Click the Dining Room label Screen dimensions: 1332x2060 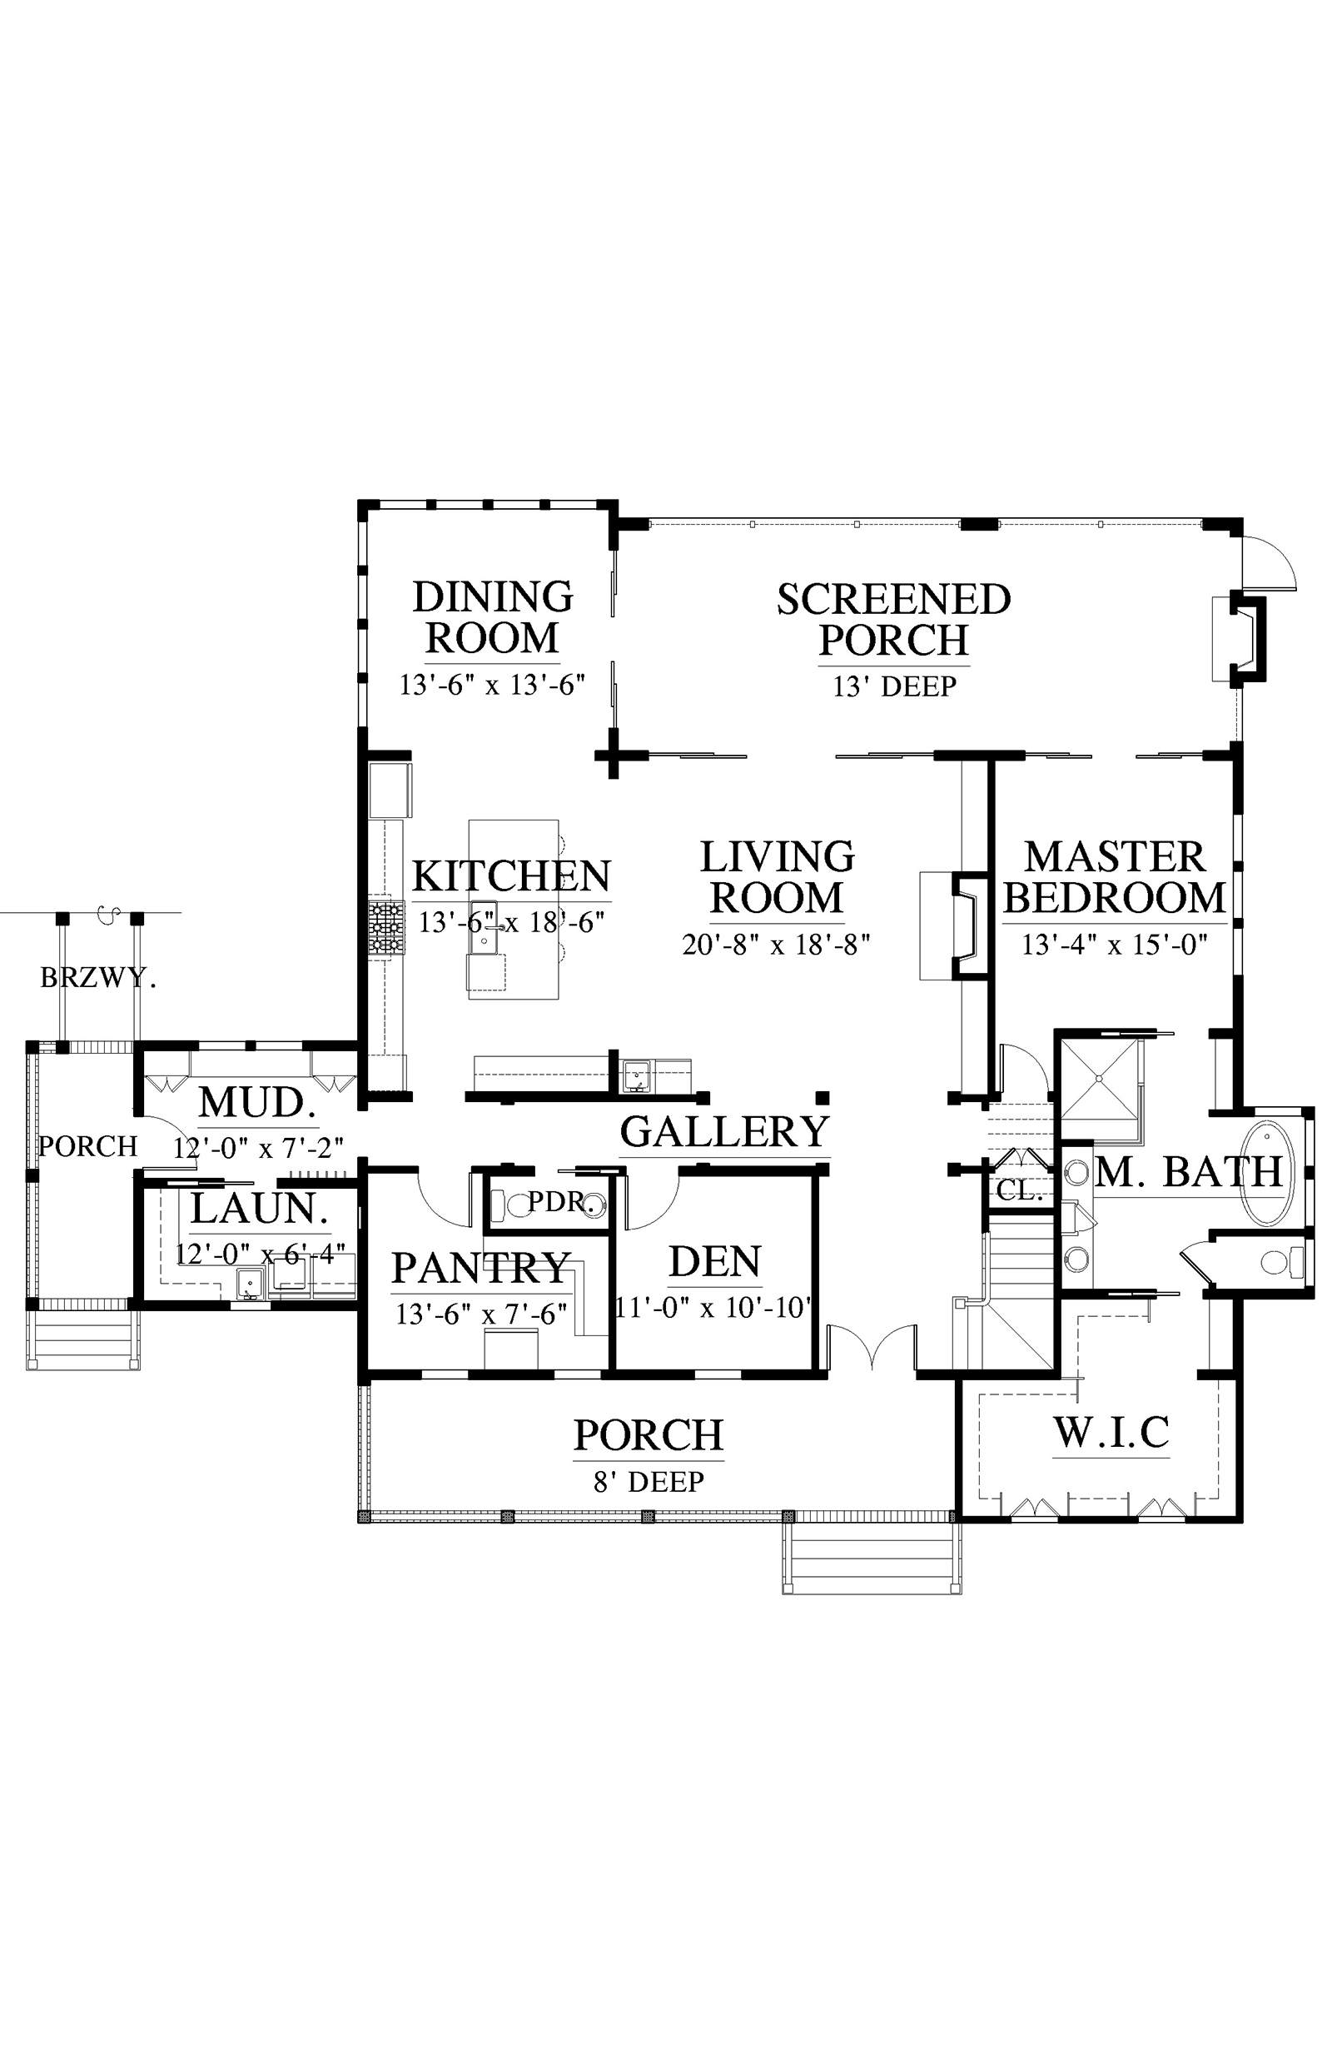493,618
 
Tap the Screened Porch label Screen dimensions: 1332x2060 893,620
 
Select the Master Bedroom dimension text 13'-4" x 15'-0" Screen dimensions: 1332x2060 1114,944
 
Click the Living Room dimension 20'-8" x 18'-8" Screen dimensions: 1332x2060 776,944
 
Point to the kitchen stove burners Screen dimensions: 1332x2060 386,928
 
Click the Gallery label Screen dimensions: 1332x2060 725,1132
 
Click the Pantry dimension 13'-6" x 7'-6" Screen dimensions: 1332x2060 482,1314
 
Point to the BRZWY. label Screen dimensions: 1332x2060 98,978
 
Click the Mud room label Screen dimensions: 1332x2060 258,1102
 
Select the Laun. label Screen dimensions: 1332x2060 260,1209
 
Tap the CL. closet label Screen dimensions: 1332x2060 1020,1191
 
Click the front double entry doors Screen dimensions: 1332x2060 872,1348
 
